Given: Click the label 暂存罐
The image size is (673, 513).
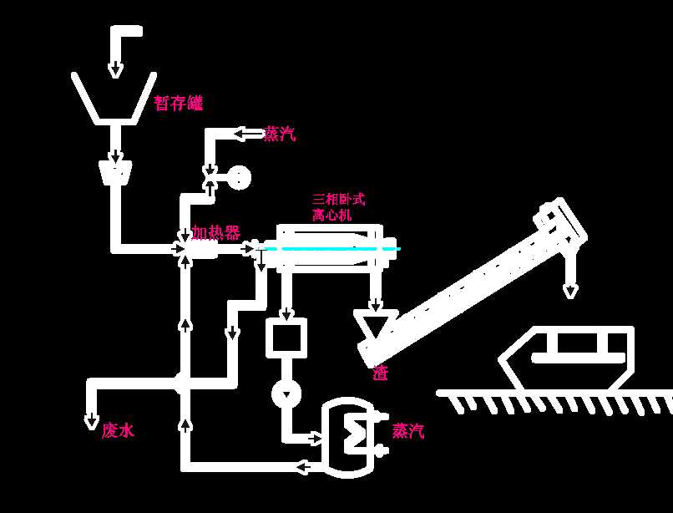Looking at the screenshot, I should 178,103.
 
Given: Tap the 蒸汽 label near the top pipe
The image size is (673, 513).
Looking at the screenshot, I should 279,134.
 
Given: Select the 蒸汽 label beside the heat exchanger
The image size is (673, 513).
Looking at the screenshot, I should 408,431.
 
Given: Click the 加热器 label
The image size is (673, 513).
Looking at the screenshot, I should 215,232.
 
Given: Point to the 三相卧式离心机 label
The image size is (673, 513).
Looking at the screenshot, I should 338,207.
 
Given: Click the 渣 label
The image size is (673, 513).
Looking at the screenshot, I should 381,373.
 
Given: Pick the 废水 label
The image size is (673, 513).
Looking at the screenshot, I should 118,430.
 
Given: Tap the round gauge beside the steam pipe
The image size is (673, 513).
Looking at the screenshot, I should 239,178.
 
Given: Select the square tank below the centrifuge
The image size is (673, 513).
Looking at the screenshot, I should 286,338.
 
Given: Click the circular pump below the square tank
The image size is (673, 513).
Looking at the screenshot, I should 286,393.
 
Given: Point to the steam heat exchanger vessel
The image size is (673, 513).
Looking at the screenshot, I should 350,437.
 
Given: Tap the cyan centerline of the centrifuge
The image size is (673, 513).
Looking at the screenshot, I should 334,248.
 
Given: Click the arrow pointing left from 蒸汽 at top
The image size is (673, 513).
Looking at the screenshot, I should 247,134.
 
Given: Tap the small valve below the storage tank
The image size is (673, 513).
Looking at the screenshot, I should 115,173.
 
